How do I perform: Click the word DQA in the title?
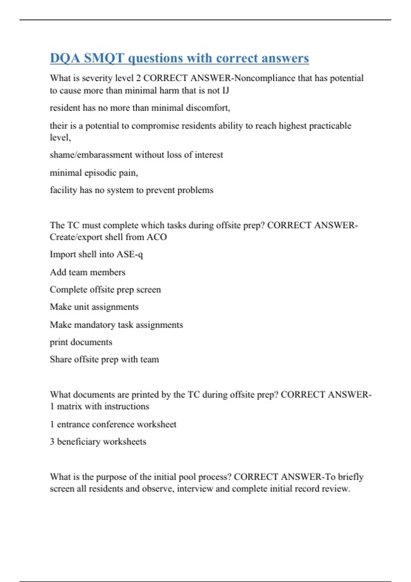click(65, 58)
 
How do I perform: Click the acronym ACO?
click(157, 237)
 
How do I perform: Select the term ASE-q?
click(130, 255)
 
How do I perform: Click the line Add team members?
click(88, 273)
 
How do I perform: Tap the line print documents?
click(81, 342)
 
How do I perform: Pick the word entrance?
click(73, 425)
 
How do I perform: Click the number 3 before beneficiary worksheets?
click(52, 442)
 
